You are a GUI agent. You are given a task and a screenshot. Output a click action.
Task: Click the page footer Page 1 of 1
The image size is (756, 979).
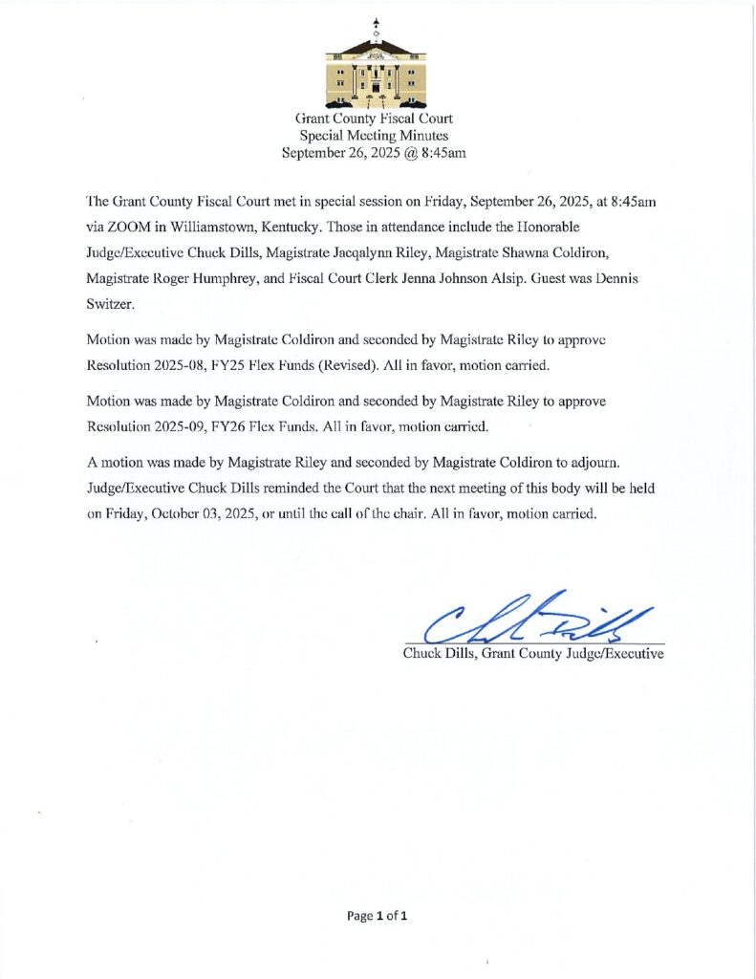click(x=378, y=916)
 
